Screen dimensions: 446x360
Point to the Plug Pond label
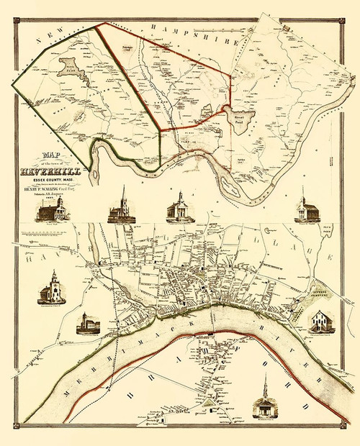tap(324, 235)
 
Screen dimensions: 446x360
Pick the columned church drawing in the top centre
tap(179, 209)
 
